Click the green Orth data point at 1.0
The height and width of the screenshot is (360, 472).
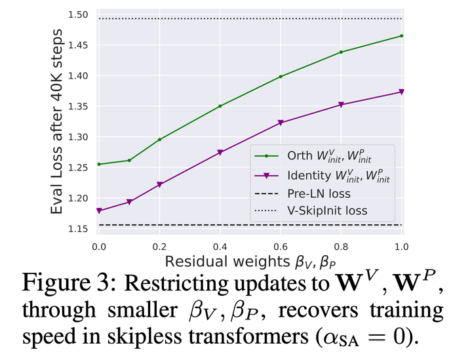[x=402, y=36]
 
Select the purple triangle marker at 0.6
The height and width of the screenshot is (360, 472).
[x=281, y=123]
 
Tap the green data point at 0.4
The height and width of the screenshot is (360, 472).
[x=220, y=106]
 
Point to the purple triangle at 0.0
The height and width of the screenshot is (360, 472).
[x=99, y=210]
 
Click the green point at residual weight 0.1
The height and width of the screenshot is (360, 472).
[x=129, y=161]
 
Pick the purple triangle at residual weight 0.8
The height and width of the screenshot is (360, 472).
[x=341, y=104]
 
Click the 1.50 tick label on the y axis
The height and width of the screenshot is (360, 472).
[x=78, y=14]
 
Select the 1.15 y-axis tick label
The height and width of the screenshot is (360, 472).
[x=78, y=229]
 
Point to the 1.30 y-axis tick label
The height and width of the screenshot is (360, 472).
[x=78, y=137]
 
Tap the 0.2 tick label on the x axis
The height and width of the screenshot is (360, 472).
[x=159, y=247]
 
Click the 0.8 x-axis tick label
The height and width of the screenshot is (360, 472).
[x=341, y=247]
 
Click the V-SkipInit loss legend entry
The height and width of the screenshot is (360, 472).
[x=311, y=210]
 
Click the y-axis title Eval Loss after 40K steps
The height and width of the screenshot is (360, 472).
[x=56, y=121]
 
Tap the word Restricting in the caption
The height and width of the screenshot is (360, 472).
[x=176, y=283]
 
